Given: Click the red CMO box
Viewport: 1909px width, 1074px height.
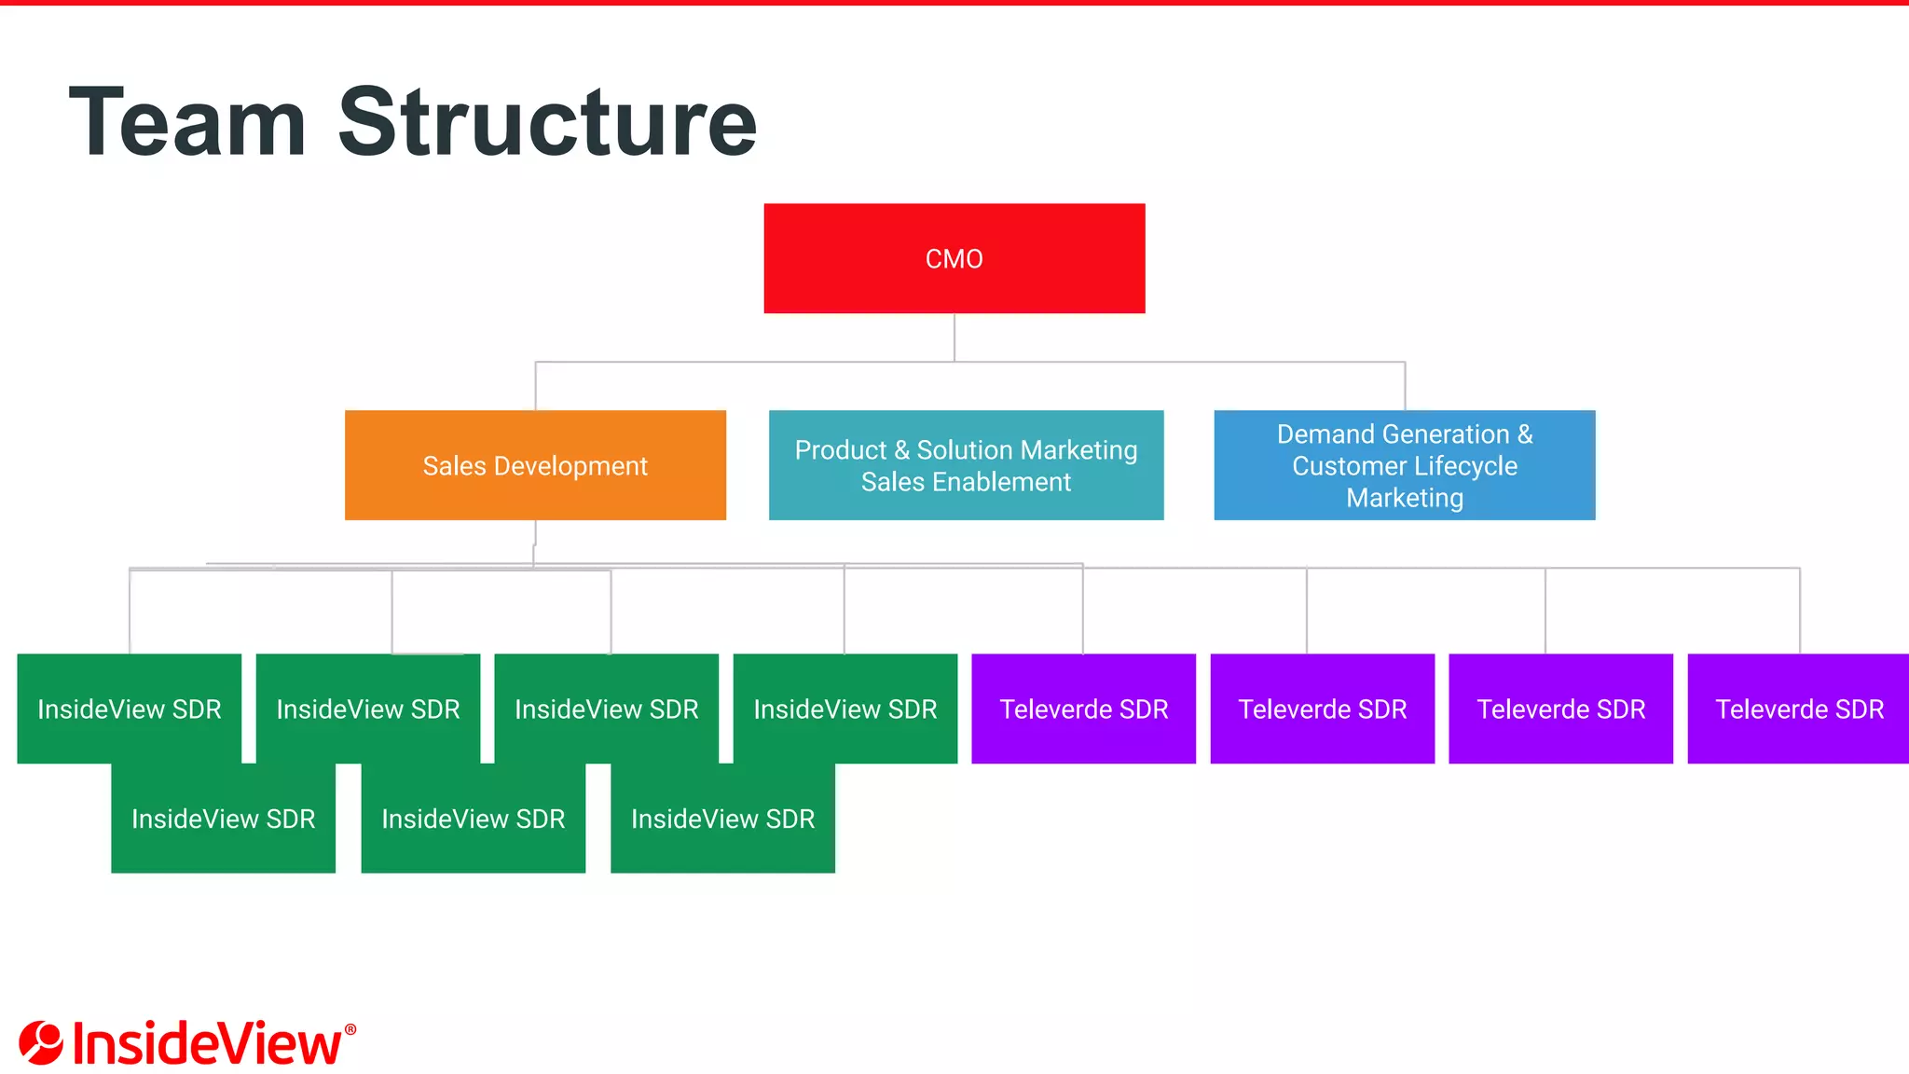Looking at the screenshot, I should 954,258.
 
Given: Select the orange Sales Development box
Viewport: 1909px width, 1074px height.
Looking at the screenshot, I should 535,465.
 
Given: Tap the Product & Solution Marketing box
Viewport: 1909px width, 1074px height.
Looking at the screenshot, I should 966,465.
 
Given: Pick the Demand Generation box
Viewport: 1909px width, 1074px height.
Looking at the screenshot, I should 1404,465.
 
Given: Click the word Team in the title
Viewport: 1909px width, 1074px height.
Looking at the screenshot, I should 187,122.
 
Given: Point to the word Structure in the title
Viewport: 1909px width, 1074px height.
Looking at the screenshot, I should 547,122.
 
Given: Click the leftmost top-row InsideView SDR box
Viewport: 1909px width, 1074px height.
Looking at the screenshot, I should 129,709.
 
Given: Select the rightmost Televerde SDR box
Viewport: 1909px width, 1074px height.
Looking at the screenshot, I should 1798,709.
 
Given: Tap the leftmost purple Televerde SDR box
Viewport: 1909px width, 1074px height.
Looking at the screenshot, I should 1083,709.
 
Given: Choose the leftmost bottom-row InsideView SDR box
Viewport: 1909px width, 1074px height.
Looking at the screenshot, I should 223,819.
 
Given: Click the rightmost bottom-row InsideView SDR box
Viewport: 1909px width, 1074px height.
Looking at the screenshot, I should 722,819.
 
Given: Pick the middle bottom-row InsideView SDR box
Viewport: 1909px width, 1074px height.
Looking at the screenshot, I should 473,819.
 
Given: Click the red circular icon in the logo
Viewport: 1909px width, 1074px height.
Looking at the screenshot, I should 41,1042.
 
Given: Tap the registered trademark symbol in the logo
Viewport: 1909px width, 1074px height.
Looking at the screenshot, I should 350,1029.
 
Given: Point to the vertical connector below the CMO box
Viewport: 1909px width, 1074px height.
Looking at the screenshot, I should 954,337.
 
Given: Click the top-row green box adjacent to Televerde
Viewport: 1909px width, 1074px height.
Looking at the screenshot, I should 845,709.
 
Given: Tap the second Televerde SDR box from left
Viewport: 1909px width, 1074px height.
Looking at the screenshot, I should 1322,709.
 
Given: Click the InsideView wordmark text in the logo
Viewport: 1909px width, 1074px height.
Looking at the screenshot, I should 207,1044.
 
